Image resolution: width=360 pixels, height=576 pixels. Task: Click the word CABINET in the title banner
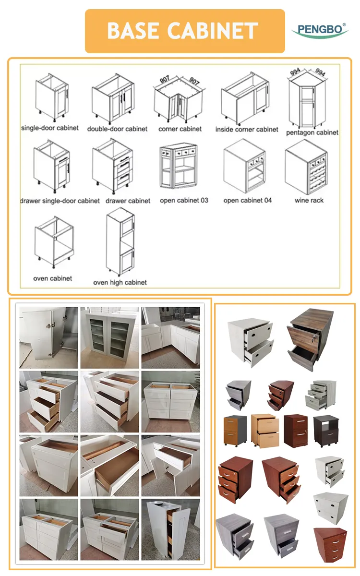[214, 31]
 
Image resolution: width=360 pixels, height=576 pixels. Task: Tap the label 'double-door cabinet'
[117, 129]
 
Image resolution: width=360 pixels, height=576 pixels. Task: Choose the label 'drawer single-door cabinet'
[60, 201]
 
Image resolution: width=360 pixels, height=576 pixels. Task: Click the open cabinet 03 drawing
[178, 167]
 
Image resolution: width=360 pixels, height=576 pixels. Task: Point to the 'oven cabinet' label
[53, 278]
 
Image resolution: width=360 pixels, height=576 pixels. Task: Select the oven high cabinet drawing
[120, 242]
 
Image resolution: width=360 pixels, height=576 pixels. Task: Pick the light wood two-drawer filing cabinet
[264, 430]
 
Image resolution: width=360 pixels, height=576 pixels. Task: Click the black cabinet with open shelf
[325, 431]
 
